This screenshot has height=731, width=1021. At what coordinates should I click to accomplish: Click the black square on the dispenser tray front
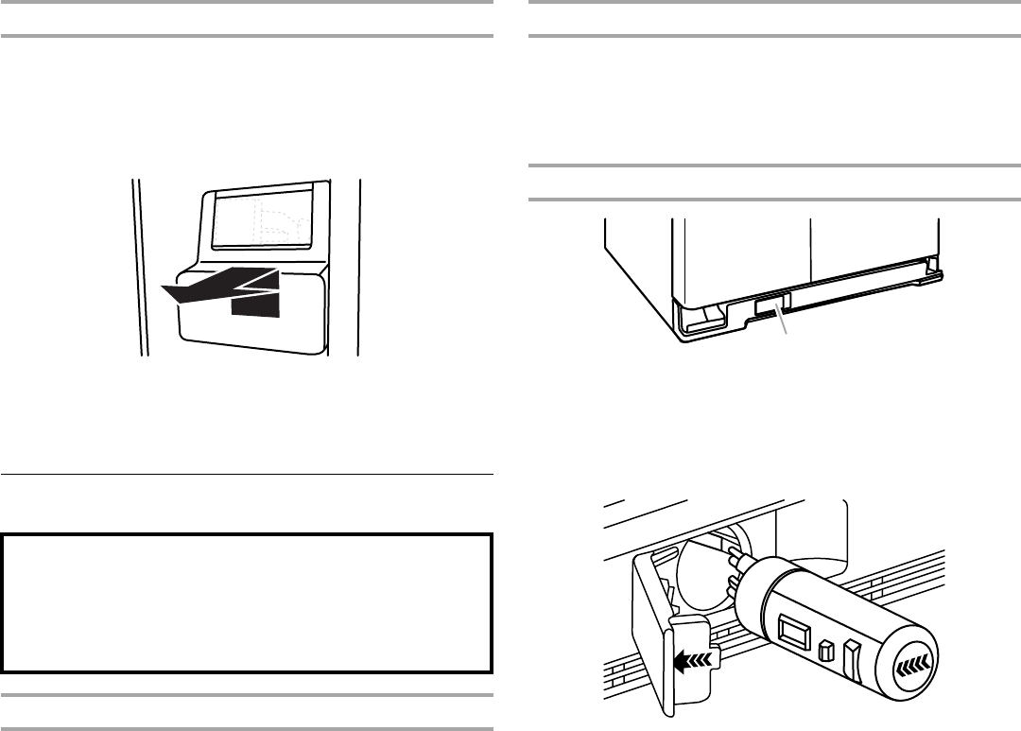click(x=256, y=304)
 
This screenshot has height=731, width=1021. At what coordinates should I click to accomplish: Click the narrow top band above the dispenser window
click(x=266, y=189)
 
